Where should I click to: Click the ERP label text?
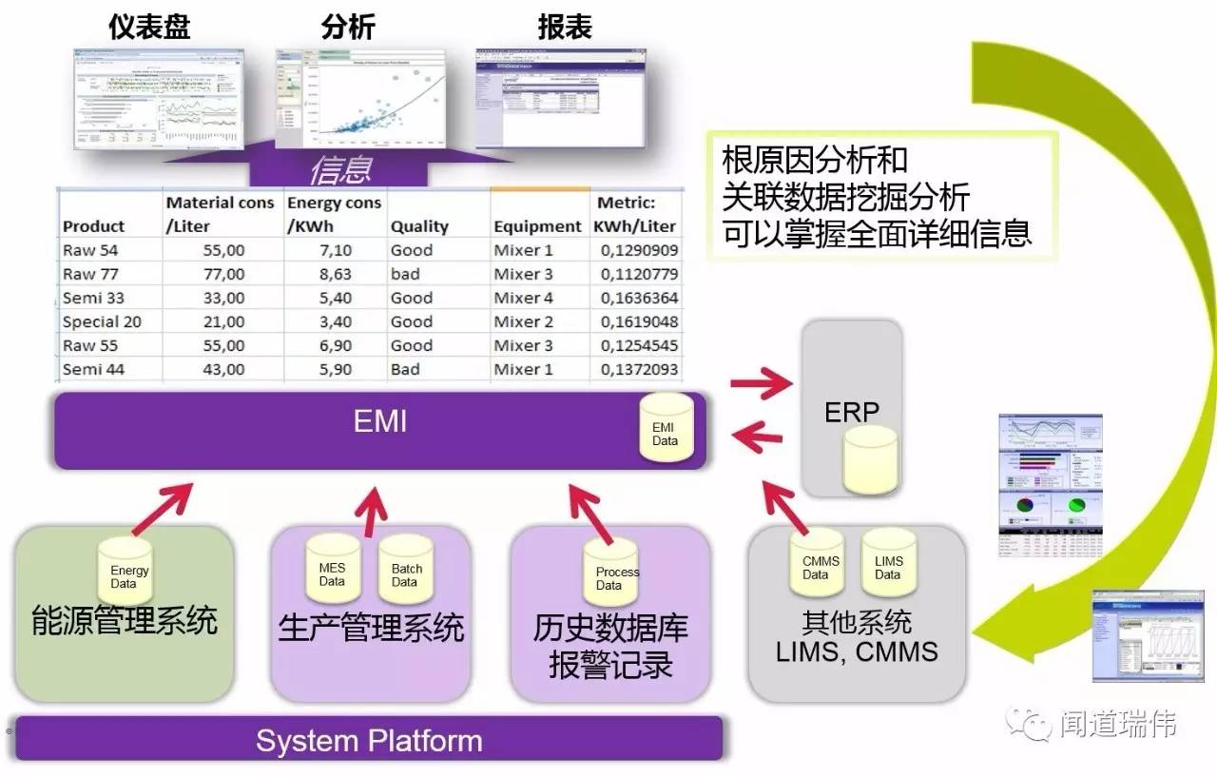pyautogui.click(x=851, y=412)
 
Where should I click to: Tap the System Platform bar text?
pyautogui.click(x=369, y=741)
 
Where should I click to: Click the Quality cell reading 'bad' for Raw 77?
pyautogui.click(x=405, y=274)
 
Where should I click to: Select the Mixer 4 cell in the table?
pyautogui.click(x=523, y=298)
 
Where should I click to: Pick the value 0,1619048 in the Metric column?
pyautogui.click(x=638, y=321)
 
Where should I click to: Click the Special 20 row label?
pyautogui.click(x=102, y=321)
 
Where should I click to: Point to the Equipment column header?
pyautogui.click(x=537, y=226)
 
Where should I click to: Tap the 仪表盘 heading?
pyautogui.click(x=149, y=26)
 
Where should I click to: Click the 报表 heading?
pyautogui.click(x=565, y=26)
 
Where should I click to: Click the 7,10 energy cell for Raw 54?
pyautogui.click(x=333, y=250)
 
